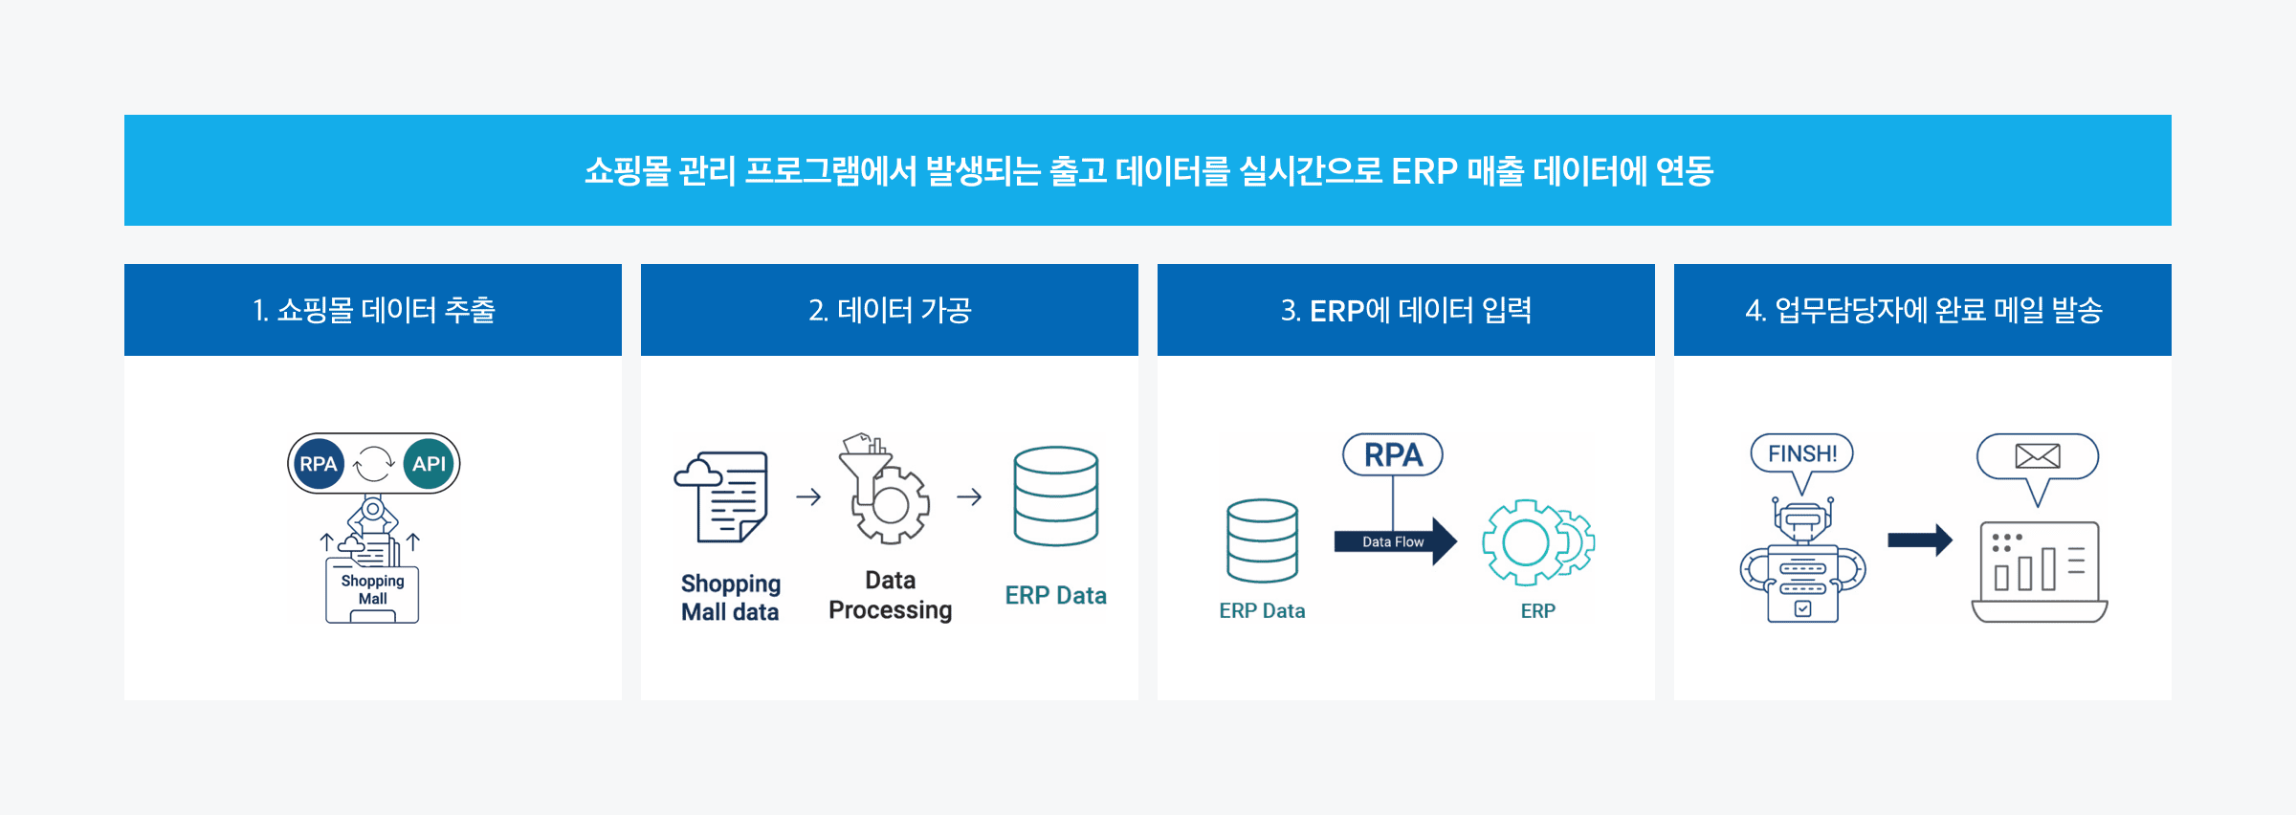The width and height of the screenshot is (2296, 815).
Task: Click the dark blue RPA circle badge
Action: [x=319, y=464]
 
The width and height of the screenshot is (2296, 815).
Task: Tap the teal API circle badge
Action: [x=429, y=464]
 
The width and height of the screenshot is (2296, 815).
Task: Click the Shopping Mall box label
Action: [x=372, y=590]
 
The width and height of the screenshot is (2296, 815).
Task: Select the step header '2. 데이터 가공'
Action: [x=890, y=310]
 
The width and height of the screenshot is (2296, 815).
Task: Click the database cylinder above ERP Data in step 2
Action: [x=1056, y=496]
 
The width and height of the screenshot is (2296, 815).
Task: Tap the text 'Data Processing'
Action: [x=891, y=595]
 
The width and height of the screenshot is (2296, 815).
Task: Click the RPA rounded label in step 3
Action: [x=1393, y=455]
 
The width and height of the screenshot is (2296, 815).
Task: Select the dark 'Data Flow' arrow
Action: [x=1395, y=541]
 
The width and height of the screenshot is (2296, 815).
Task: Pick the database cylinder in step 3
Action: [x=1262, y=540]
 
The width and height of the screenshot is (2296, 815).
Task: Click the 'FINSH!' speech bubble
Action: [x=1801, y=454]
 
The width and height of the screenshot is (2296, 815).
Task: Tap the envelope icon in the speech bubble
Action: [x=2038, y=456]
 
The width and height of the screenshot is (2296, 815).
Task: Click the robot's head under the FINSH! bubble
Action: [x=1802, y=519]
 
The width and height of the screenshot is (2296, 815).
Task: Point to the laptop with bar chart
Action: [x=2040, y=572]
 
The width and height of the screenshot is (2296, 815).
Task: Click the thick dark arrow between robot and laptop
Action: [x=1919, y=540]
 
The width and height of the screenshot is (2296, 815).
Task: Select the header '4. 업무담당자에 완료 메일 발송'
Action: [x=1923, y=310]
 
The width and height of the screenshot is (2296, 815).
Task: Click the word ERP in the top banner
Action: [x=1424, y=171]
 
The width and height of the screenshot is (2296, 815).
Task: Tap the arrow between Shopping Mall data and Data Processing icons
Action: [x=808, y=496]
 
